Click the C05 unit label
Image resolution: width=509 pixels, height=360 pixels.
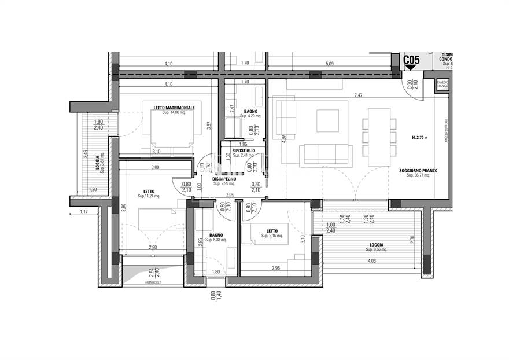(411, 59)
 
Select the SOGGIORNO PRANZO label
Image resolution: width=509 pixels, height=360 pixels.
(418, 171)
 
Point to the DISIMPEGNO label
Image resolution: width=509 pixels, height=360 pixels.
(225, 179)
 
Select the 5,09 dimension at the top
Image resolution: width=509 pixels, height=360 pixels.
(329, 64)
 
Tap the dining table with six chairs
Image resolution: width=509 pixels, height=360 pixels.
(379, 137)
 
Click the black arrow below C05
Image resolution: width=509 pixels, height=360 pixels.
(411, 68)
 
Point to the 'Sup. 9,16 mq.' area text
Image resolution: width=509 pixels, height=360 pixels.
(271, 236)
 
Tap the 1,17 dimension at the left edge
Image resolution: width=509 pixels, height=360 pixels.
(85, 212)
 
